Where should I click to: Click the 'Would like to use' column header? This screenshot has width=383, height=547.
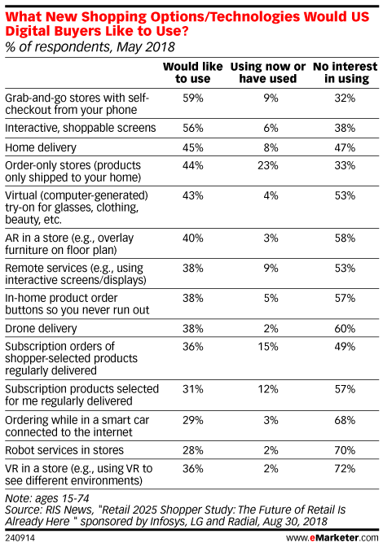point(192,72)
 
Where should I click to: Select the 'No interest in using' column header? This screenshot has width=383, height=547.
point(346,72)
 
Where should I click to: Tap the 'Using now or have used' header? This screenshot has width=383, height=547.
point(268,72)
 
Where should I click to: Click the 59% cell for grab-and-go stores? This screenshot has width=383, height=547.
point(192,98)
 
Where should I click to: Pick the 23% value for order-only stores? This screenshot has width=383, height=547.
point(268,165)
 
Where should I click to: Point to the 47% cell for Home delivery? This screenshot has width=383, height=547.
point(345,147)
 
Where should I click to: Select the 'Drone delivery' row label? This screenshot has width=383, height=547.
point(41,329)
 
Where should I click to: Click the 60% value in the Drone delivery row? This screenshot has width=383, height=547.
point(345,329)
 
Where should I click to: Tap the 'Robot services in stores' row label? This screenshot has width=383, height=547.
point(64,450)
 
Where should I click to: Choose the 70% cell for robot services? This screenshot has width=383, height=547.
point(345,450)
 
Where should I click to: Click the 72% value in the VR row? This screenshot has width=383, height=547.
point(345,468)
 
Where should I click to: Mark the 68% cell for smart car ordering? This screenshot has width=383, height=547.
point(345,420)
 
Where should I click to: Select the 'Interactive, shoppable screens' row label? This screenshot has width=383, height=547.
point(81,128)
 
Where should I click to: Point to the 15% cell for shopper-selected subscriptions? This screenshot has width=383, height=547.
point(268,347)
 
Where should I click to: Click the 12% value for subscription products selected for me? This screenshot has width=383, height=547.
point(268,389)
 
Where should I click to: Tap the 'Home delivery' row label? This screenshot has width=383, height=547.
point(41,147)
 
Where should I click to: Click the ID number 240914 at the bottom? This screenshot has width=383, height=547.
point(20,538)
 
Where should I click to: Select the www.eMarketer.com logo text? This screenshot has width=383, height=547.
point(332,538)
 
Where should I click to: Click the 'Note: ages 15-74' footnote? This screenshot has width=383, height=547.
point(47,498)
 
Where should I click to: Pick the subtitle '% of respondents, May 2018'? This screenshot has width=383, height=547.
point(90,46)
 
